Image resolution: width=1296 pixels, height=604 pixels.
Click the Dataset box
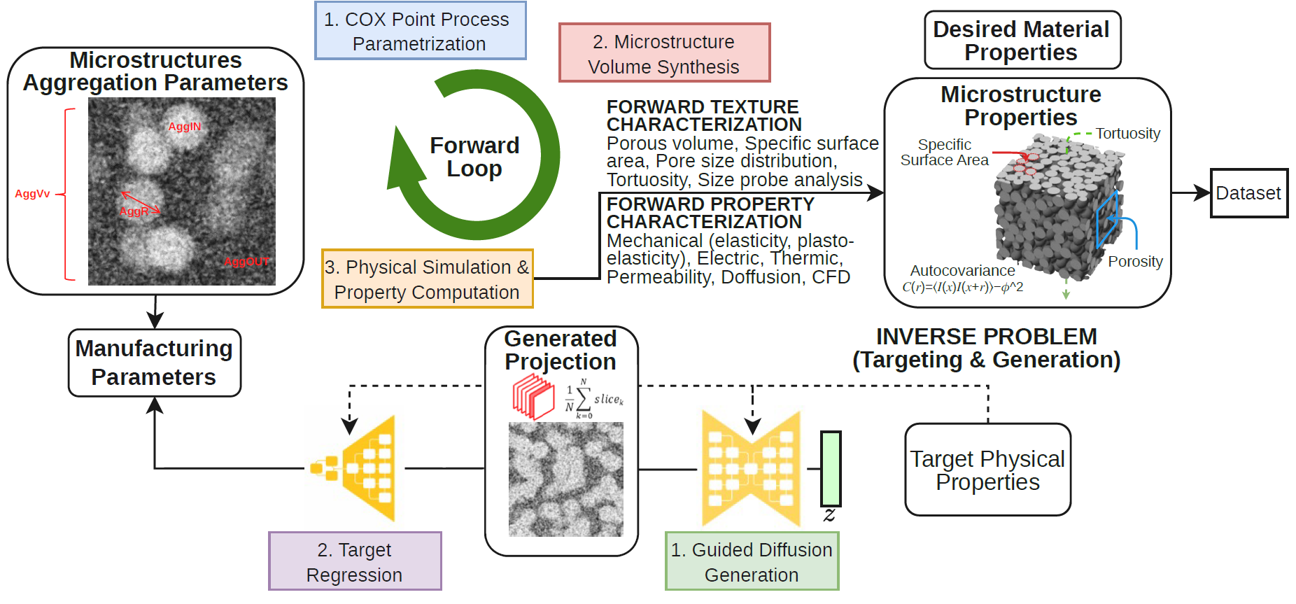click(1249, 193)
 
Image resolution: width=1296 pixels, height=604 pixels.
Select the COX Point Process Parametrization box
click(420, 31)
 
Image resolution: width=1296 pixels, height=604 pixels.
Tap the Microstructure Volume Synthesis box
click(664, 53)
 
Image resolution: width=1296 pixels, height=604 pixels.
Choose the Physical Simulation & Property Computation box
click(427, 279)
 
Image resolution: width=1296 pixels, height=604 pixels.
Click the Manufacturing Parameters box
click(155, 363)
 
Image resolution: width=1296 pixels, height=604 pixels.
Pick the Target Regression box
click(355, 561)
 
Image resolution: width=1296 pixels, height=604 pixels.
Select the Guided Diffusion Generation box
click(752, 561)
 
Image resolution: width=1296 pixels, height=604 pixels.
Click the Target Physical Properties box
click(987, 470)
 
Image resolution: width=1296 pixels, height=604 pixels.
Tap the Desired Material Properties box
click(1022, 40)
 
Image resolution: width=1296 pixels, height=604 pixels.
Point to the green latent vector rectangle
click(831, 468)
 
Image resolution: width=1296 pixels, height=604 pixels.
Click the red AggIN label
click(185, 127)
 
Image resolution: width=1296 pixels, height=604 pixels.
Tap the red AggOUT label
click(246, 262)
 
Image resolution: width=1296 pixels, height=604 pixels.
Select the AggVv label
click(32, 194)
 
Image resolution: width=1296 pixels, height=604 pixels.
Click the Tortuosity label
click(1127, 134)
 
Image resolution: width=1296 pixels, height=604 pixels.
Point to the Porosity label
click(1135, 262)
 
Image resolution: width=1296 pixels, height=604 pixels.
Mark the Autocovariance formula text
click(963, 287)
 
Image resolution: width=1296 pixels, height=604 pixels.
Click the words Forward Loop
click(474, 157)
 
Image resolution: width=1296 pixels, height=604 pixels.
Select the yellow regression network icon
click(354, 468)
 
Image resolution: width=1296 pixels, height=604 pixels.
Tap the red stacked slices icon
click(533, 396)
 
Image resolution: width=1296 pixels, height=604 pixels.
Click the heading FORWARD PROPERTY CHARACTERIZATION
click(710, 213)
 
